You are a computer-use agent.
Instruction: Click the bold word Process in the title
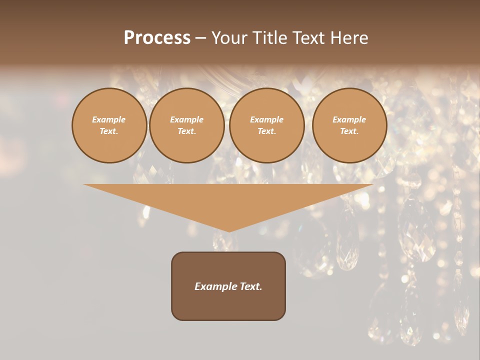[157, 38]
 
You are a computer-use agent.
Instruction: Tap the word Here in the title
[348, 38]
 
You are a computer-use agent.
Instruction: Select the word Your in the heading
[230, 38]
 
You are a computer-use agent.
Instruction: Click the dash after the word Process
[200, 38]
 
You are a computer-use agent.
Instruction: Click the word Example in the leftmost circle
[109, 119]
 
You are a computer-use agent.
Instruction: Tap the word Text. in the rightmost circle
[349, 131]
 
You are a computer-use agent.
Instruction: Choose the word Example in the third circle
[266, 119]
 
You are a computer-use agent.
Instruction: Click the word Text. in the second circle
[186, 131]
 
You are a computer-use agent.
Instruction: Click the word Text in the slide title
[308, 38]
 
